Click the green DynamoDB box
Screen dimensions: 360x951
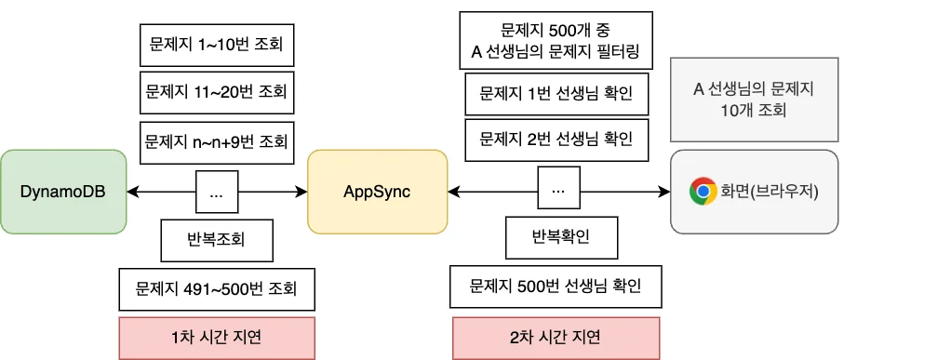click(x=63, y=192)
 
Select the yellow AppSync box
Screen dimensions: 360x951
click(x=377, y=192)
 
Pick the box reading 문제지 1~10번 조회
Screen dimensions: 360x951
click(x=216, y=43)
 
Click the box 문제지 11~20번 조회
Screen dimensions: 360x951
click(x=216, y=93)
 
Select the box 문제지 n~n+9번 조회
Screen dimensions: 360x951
click(x=216, y=144)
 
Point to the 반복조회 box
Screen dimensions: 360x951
click(x=217, y=242)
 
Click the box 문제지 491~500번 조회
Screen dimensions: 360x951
click(x=216, y=289)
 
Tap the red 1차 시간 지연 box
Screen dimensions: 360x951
click(x=216, y=338)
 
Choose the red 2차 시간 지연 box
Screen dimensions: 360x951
click(x=556, y=338)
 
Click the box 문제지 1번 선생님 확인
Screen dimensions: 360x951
click(x=556, y=94)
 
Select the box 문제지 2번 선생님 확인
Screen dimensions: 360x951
click(x=556, y=140)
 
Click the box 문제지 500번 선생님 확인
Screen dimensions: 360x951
click(x=556, y=286)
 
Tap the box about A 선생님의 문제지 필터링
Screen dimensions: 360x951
click(x=556, y=41)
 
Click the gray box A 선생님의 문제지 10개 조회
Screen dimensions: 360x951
click(x=754, y=100)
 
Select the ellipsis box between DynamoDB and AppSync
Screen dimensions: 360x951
click(x=216, y=193)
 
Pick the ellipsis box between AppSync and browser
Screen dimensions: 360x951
click(x=558, y=191)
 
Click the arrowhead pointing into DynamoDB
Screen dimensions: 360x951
click(x=132, y=193)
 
